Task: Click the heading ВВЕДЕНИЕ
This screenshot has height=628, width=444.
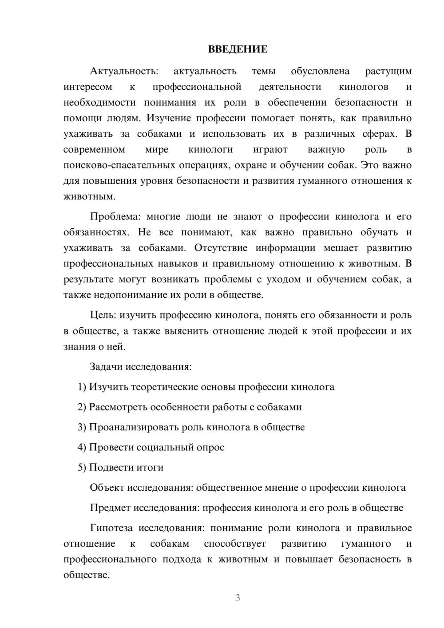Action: tap(238, 49)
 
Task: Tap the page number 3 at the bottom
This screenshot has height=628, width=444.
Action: tap(238, 598)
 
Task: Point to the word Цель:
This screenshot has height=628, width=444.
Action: tap(103, 315)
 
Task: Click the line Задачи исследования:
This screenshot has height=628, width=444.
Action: tap(140, 367)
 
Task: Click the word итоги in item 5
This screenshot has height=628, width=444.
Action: tap(150, 467)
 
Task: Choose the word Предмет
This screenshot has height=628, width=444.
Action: tap(110, 508)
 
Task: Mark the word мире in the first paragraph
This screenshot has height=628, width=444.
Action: tap(157, 150)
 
